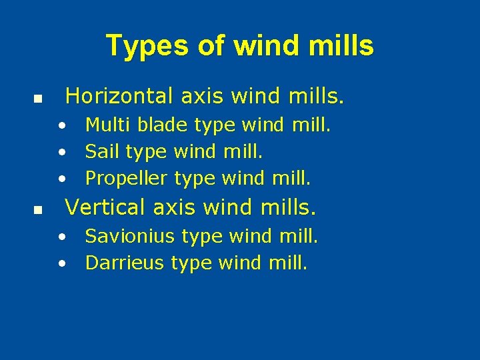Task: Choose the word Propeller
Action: [x=127, y=179]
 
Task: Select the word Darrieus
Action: [x=125, y=263]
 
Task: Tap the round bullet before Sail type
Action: [x=61, y=153]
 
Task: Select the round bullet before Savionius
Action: [x=61, y=237]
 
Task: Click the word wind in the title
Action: [x=257, y=46]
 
